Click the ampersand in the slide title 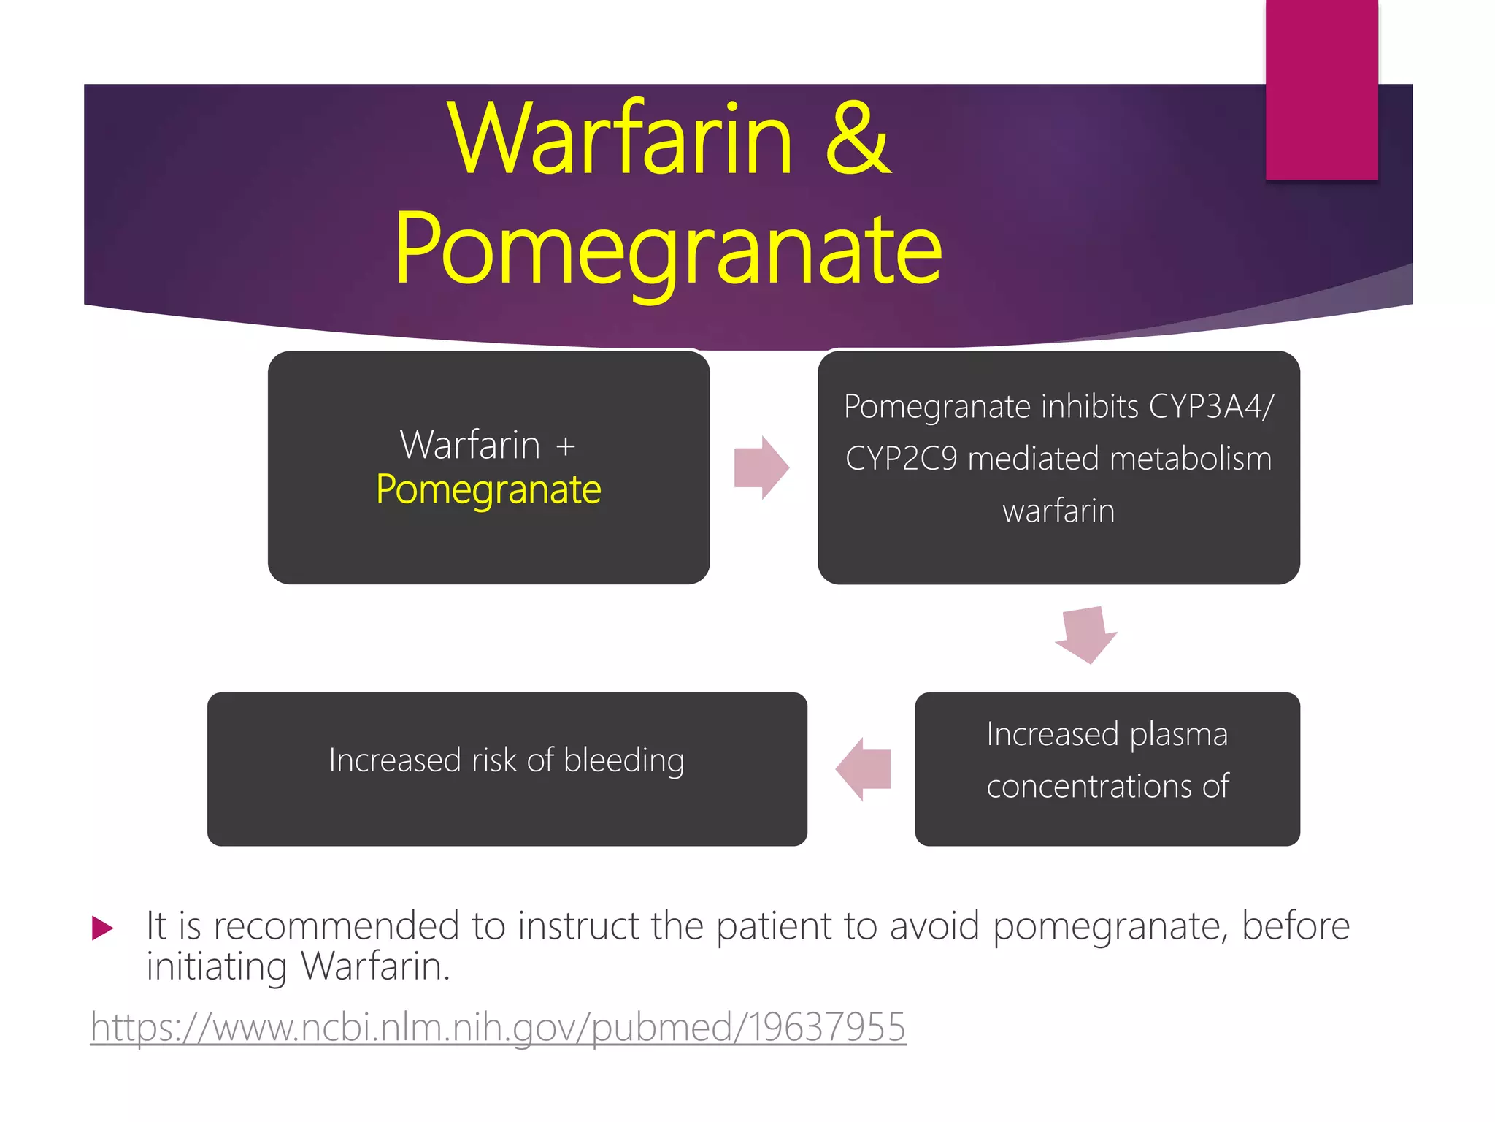[x=858, y=139]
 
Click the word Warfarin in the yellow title [x=621, y=139]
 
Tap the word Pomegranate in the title [x=669, y=248]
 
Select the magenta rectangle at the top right [x=1321, y=89]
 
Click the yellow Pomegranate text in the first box [x=488, y=489]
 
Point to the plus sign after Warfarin [x=565, y=446]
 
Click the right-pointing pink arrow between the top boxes [x=761, y=467]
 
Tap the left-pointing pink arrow [x=864, y=769]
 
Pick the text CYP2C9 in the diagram [x=901, y=459]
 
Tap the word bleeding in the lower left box [x=624, y=760]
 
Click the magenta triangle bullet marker [x=103, y=928]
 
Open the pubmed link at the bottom [x=498, y=1027]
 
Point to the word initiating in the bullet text [x=216, y=967]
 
